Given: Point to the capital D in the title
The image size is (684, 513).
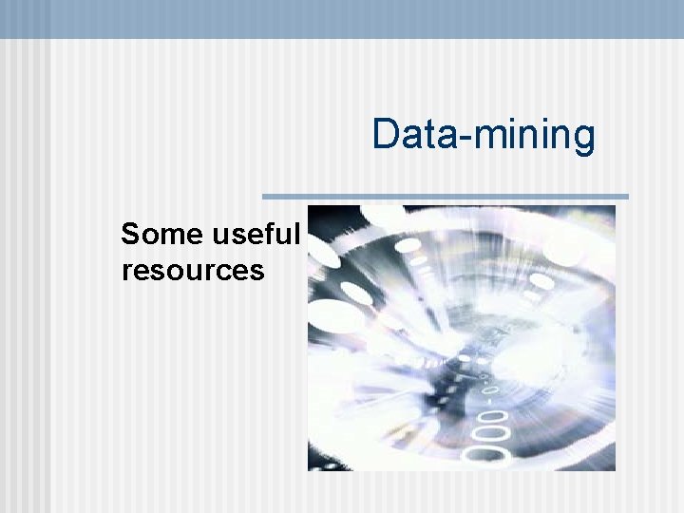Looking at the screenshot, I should [x=385, y=134].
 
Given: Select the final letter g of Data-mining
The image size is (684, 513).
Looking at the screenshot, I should [x=583, y=140].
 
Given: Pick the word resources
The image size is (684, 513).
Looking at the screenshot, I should [x=193, y=271].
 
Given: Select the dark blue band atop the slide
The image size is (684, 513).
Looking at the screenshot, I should [x=342, y=18].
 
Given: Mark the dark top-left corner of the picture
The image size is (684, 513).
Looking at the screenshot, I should [x=315, y=213].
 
